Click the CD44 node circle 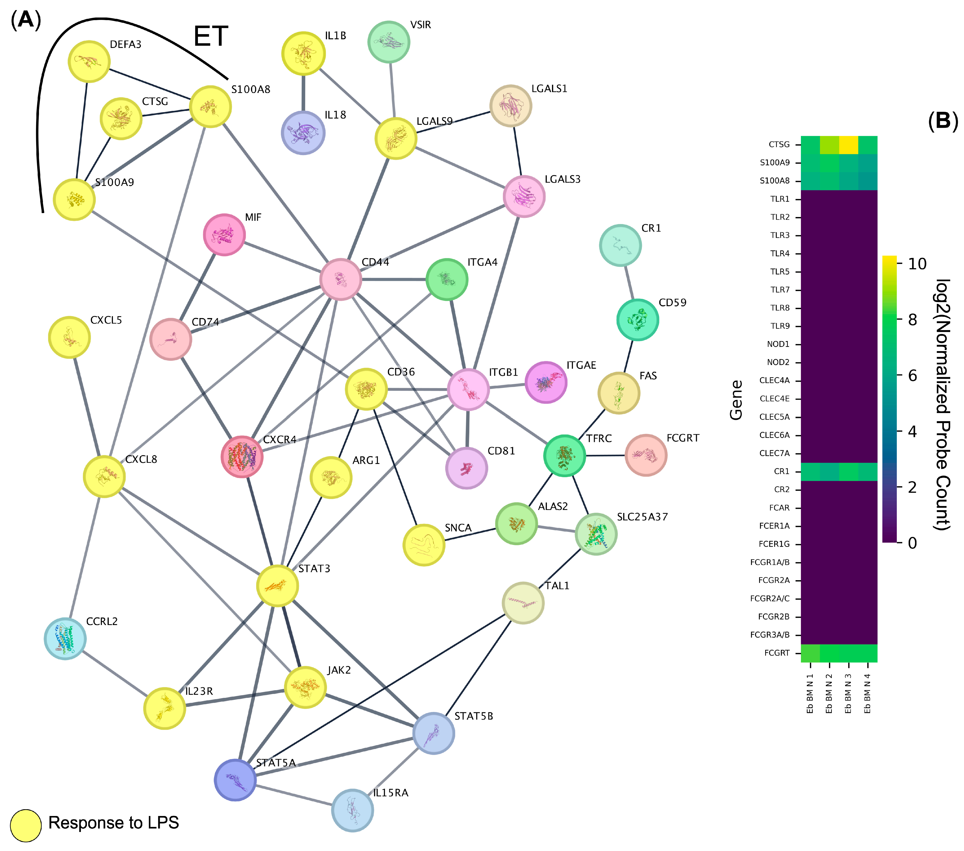pos(340,279)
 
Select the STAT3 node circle pos(277,586)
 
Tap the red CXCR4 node pos(242,457)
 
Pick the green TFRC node pos(564,456)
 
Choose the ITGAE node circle pos(546,382)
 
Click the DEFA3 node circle pos(89,61)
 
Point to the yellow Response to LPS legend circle pos(26,826)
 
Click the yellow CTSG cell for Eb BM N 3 pos(848,145)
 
